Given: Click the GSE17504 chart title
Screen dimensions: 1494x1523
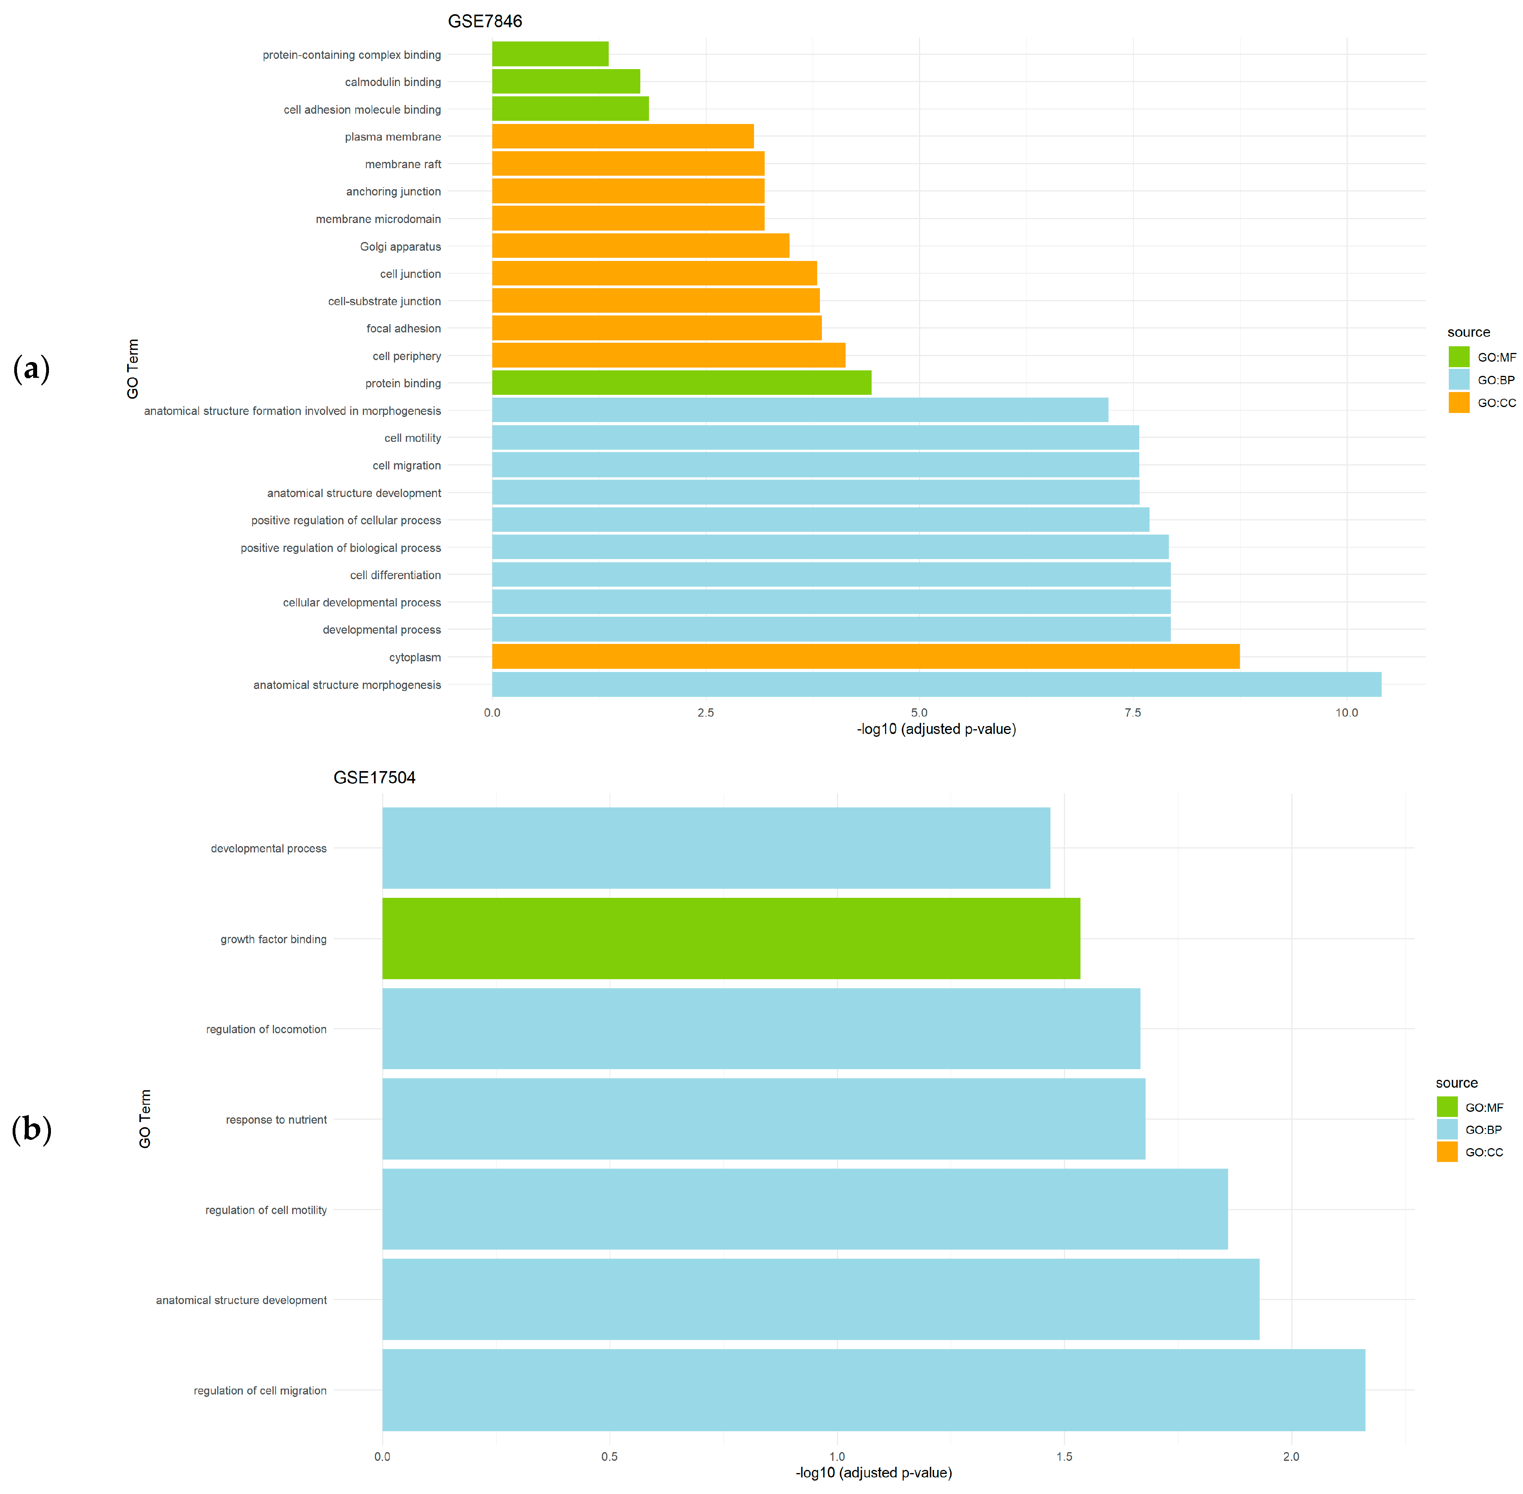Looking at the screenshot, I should [x=374, y=778].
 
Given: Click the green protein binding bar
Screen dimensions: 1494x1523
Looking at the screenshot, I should [x=681, y=383].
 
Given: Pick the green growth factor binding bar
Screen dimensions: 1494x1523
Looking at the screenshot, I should [x=730, y=938].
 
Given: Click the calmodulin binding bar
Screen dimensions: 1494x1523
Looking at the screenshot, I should [x=566, y=82].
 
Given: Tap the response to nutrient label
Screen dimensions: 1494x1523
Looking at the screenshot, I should [x=276, y=1120].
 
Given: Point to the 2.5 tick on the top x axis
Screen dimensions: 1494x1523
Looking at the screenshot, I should [x=705, y=713].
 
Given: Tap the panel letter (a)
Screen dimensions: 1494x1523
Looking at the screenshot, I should [x=32, y=368].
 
